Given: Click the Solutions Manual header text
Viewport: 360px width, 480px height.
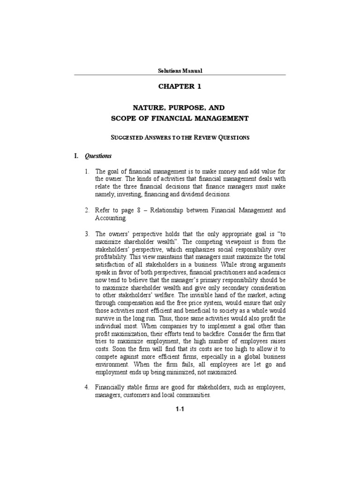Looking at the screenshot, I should click(180, 71).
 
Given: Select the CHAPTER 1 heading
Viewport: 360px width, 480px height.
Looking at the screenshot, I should click(180, 87).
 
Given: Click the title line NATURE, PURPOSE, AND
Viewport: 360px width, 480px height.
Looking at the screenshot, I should click(180, 107).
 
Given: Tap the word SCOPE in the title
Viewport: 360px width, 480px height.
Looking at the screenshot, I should click(123, 119).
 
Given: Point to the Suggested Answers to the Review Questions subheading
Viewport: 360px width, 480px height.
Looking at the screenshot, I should click(180, 137).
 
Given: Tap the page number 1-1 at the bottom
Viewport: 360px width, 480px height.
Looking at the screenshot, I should click(180, 410).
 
